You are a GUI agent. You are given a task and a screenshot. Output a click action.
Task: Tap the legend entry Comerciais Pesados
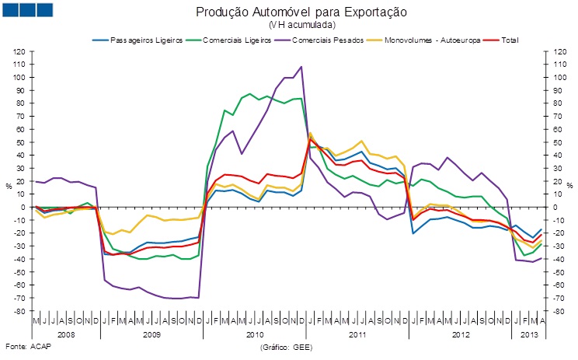(x=327, y=40)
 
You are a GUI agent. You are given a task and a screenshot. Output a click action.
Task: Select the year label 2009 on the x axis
(x=151, y=334)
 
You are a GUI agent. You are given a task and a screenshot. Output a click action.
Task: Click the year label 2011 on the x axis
(x=357, y=334)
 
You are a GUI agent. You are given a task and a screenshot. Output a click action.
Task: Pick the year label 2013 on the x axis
(x=528, y=334)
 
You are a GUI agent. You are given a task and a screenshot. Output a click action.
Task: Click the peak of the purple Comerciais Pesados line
(x=301, y=67)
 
